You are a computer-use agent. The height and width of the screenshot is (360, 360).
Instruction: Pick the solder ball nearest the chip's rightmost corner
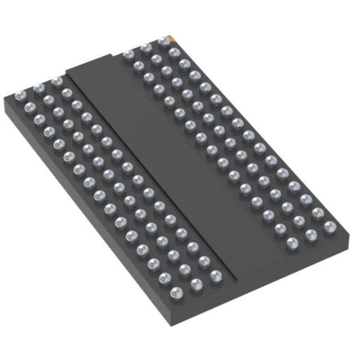(329, 226)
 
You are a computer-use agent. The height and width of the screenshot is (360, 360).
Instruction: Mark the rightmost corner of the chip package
(346, 225)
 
